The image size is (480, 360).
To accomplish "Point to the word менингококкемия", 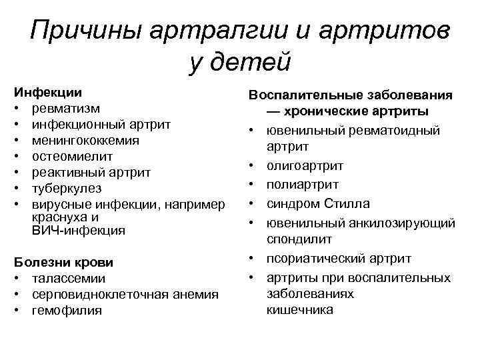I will pos(86,140).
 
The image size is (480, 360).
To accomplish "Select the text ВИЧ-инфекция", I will pos(78,231).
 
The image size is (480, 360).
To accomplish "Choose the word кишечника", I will pos(299,309).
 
